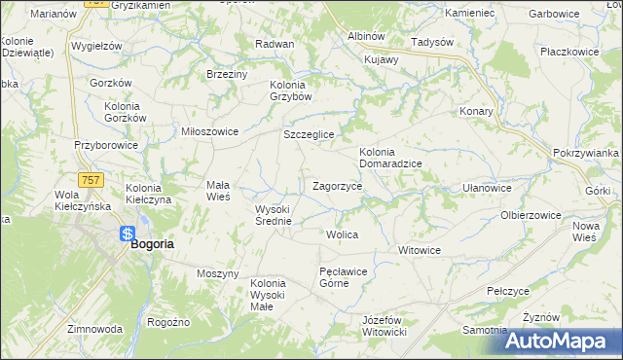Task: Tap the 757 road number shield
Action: [x=92, y=180]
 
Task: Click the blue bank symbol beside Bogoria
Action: [x=128, y=234]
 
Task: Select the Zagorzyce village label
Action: [x=338, y=185]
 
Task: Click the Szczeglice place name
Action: [x=309, y=134]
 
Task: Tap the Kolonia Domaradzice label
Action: [x=390, y=158]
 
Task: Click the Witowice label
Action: [x=420, y=250]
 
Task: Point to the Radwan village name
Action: [x=275, y=45]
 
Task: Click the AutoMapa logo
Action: [x=564, y=341]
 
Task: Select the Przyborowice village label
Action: [x=106, y=145]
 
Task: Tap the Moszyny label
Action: [x=217, y=273]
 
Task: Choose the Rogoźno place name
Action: [x=168, y=322]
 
